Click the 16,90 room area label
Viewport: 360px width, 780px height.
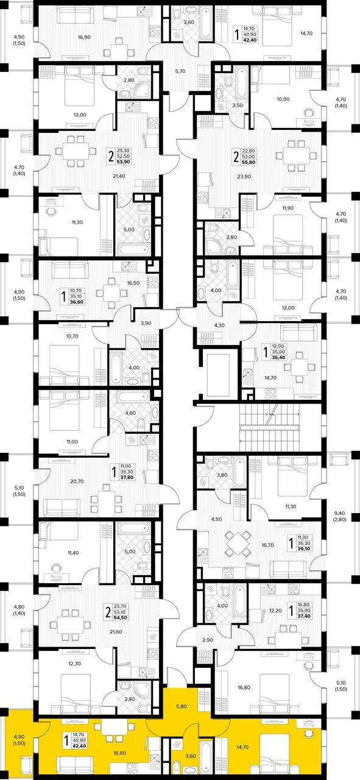point(84,37)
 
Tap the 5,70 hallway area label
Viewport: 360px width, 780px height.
point(180,71)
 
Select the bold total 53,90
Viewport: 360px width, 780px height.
point(122,161)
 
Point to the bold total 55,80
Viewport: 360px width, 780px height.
point(249,162)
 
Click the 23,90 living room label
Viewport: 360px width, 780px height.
point(244,177)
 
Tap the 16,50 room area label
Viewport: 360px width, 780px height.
point(133,283)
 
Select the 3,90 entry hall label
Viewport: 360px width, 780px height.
point(146,323)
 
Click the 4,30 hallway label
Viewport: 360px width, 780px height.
point(219,325)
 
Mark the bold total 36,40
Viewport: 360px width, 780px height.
point(278,357)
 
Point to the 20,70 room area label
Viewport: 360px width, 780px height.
point(77,481)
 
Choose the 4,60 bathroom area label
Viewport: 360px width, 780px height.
point(130,413)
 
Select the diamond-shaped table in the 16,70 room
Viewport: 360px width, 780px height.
point(238,543)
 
